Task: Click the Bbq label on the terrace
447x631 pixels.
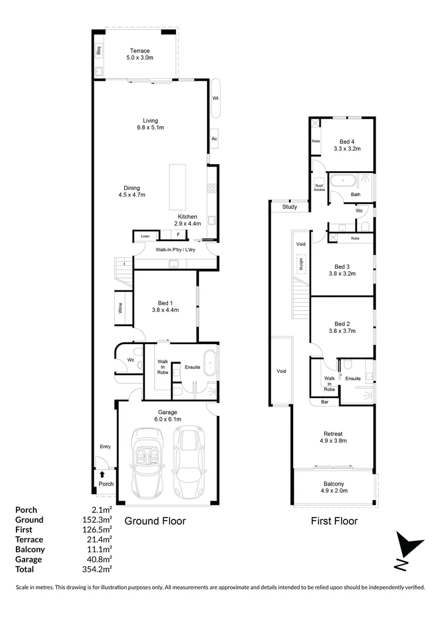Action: coord(99,50)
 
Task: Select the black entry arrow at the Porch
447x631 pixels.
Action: coord(102,474)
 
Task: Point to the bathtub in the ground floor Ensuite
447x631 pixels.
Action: coord(209,366)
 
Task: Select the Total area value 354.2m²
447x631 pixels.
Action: coord(97,569)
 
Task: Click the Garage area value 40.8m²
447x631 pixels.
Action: coord(97,559)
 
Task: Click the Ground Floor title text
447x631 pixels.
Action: coord(155,521)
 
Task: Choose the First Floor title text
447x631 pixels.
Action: coord(334,521)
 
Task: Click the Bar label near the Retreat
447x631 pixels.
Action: coord(325,402)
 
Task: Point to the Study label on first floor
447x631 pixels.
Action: coord(289,207)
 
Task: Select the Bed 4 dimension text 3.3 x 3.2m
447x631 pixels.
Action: coord(347,149)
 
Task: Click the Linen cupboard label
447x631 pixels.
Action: coord(145,236)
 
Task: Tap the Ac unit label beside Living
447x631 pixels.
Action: coord(215,138)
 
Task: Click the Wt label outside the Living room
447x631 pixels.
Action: coord(215,98)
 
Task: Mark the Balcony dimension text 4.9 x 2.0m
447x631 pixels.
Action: coord(334,491)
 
